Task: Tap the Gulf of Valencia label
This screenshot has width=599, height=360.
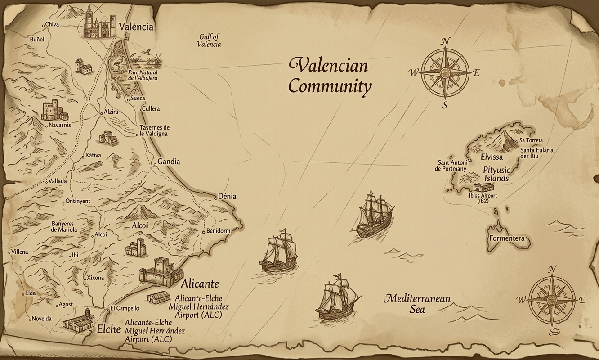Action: coord(209,40)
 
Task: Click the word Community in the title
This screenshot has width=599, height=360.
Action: coord(330,86)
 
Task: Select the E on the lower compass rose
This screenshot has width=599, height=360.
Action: coord(581,300)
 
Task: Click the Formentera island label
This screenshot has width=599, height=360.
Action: coord(507,238)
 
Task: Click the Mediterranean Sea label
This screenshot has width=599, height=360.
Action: coord(417,304)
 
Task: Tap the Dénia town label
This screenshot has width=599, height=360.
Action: coord(227,197)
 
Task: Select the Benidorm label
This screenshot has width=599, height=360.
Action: coord(218,231)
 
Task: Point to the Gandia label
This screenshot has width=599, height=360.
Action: coord(169,162)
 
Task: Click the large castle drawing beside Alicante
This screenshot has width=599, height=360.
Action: coord(161,272)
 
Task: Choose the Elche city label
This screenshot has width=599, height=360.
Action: coord(109,329)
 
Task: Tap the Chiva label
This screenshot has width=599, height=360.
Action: coord(52,24)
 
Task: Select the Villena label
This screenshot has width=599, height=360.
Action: coord(19,252)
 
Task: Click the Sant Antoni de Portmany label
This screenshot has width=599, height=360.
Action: coord(450,166)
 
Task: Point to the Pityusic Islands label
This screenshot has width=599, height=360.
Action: coord(496,174)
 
